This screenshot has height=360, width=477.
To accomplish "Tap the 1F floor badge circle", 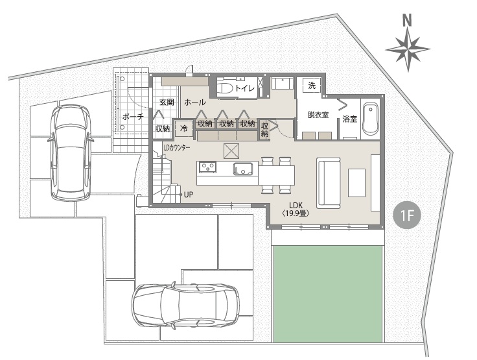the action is click(407, 215).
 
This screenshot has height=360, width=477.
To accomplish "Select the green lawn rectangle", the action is click(328, 294).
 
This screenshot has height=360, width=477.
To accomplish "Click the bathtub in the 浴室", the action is click(371, 119).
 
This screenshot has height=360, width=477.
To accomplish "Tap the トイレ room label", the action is click(244, 88).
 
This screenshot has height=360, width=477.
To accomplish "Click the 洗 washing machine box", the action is click(312, 86).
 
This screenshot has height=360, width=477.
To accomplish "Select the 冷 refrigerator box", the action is click(184, 128).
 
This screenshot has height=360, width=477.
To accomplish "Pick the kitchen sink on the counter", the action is click(243, 169).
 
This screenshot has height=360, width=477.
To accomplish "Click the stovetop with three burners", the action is click(207, 167).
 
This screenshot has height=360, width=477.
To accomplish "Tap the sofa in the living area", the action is click(328, 183).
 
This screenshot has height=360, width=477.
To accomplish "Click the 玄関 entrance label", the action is click(167, 102).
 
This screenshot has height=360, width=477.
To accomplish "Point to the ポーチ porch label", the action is click(133, 116).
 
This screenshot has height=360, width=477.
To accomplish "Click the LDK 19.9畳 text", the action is click(296, 210).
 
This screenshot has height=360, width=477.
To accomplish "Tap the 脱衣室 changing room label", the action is click(318, 115).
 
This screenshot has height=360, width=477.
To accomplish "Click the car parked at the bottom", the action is click(185, 306).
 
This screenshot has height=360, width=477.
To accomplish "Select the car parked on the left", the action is click(71, 152).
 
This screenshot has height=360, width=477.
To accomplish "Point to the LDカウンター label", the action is click(177, 148).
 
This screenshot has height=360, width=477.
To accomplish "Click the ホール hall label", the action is click(194, 102).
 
